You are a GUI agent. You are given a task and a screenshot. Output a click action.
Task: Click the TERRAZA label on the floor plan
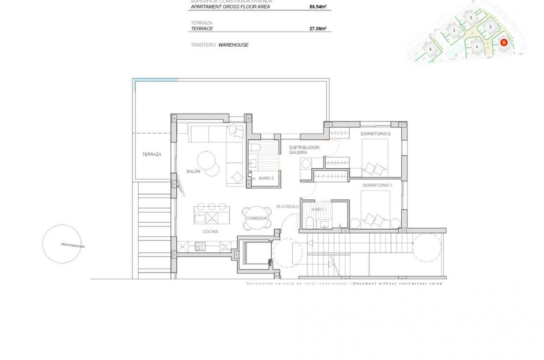tap(152, 154)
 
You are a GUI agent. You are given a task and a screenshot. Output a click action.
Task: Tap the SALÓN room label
tap(193, 172)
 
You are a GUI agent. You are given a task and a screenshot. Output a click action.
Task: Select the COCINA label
tap(210, 231)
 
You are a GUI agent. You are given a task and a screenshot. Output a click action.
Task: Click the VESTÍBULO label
tap(286, 206)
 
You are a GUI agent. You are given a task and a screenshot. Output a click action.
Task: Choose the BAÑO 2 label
tap(265, 179)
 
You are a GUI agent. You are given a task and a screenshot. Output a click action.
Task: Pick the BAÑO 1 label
tap(319, 210)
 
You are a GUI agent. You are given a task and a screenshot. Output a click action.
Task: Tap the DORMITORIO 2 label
tap(375, 134)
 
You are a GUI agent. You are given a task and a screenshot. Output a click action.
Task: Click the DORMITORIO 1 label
tap(377, 185)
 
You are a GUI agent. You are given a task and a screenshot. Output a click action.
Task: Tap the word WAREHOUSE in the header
tap(234, 44)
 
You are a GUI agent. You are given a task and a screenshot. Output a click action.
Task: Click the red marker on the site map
tap(503, 42)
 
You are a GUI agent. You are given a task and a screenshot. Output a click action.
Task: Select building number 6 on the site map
tap(431, 50)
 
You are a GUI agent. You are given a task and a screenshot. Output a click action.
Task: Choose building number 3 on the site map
tap(471, 18)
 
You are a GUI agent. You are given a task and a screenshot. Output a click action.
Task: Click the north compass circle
tap(61, 244)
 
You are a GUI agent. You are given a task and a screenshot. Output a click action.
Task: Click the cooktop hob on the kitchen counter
tap(201, 247)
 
